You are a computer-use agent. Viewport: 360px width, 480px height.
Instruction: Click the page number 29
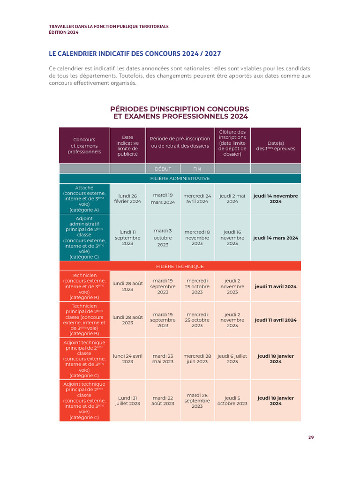[x=311, y=437]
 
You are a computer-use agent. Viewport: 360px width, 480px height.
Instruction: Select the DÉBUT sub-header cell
[x=163, y=169]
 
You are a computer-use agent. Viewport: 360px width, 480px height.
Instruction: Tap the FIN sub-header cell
[x=197, y=169]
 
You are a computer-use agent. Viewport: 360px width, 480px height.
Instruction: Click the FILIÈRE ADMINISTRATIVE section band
[x=180, y=179]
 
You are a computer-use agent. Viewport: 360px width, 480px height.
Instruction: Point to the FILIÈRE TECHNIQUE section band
[x=180, y=266]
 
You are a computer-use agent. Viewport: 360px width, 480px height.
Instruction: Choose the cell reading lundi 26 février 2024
[x=127, y=199]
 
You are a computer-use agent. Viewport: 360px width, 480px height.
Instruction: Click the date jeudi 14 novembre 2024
[x=276, y=199]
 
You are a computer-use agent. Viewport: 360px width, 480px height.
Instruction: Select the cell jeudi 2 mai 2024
[x=232, y=199]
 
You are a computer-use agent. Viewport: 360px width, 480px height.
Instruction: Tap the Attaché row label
[x=84, y=199]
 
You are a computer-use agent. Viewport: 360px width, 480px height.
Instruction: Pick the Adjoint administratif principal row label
[x=84, y=238]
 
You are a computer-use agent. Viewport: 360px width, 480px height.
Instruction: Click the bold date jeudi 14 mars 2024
[x=276, y=238]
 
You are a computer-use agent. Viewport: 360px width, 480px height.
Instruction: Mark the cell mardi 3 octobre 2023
[x=163, y=238]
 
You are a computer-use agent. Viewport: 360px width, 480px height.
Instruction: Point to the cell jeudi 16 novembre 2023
[x=232, y=238]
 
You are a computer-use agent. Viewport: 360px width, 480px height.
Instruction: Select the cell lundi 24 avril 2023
[x=127, y=359]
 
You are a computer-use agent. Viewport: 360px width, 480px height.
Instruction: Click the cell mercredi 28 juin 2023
[x=197, y=359]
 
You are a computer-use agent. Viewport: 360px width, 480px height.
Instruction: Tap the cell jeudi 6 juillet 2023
[x=232, y=359]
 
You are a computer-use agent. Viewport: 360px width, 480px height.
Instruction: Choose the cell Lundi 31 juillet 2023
[x=127, y=401]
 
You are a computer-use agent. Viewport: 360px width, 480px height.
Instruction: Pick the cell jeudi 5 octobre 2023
[x=232, y=401]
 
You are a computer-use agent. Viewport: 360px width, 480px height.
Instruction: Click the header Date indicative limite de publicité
[x=127, y=145]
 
